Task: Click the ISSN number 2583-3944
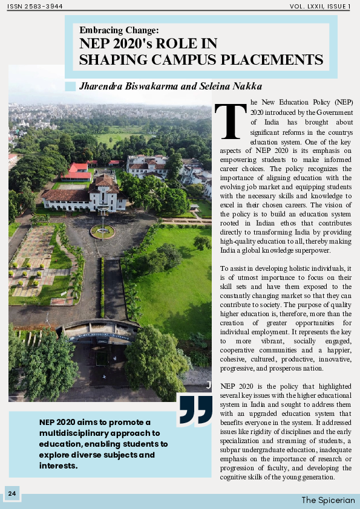tap(35, 6)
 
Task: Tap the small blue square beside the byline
tap(70, 86)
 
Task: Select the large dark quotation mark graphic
tap(195, 410)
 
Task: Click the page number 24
tap(12, 494)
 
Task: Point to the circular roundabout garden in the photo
tap(102, 231)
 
